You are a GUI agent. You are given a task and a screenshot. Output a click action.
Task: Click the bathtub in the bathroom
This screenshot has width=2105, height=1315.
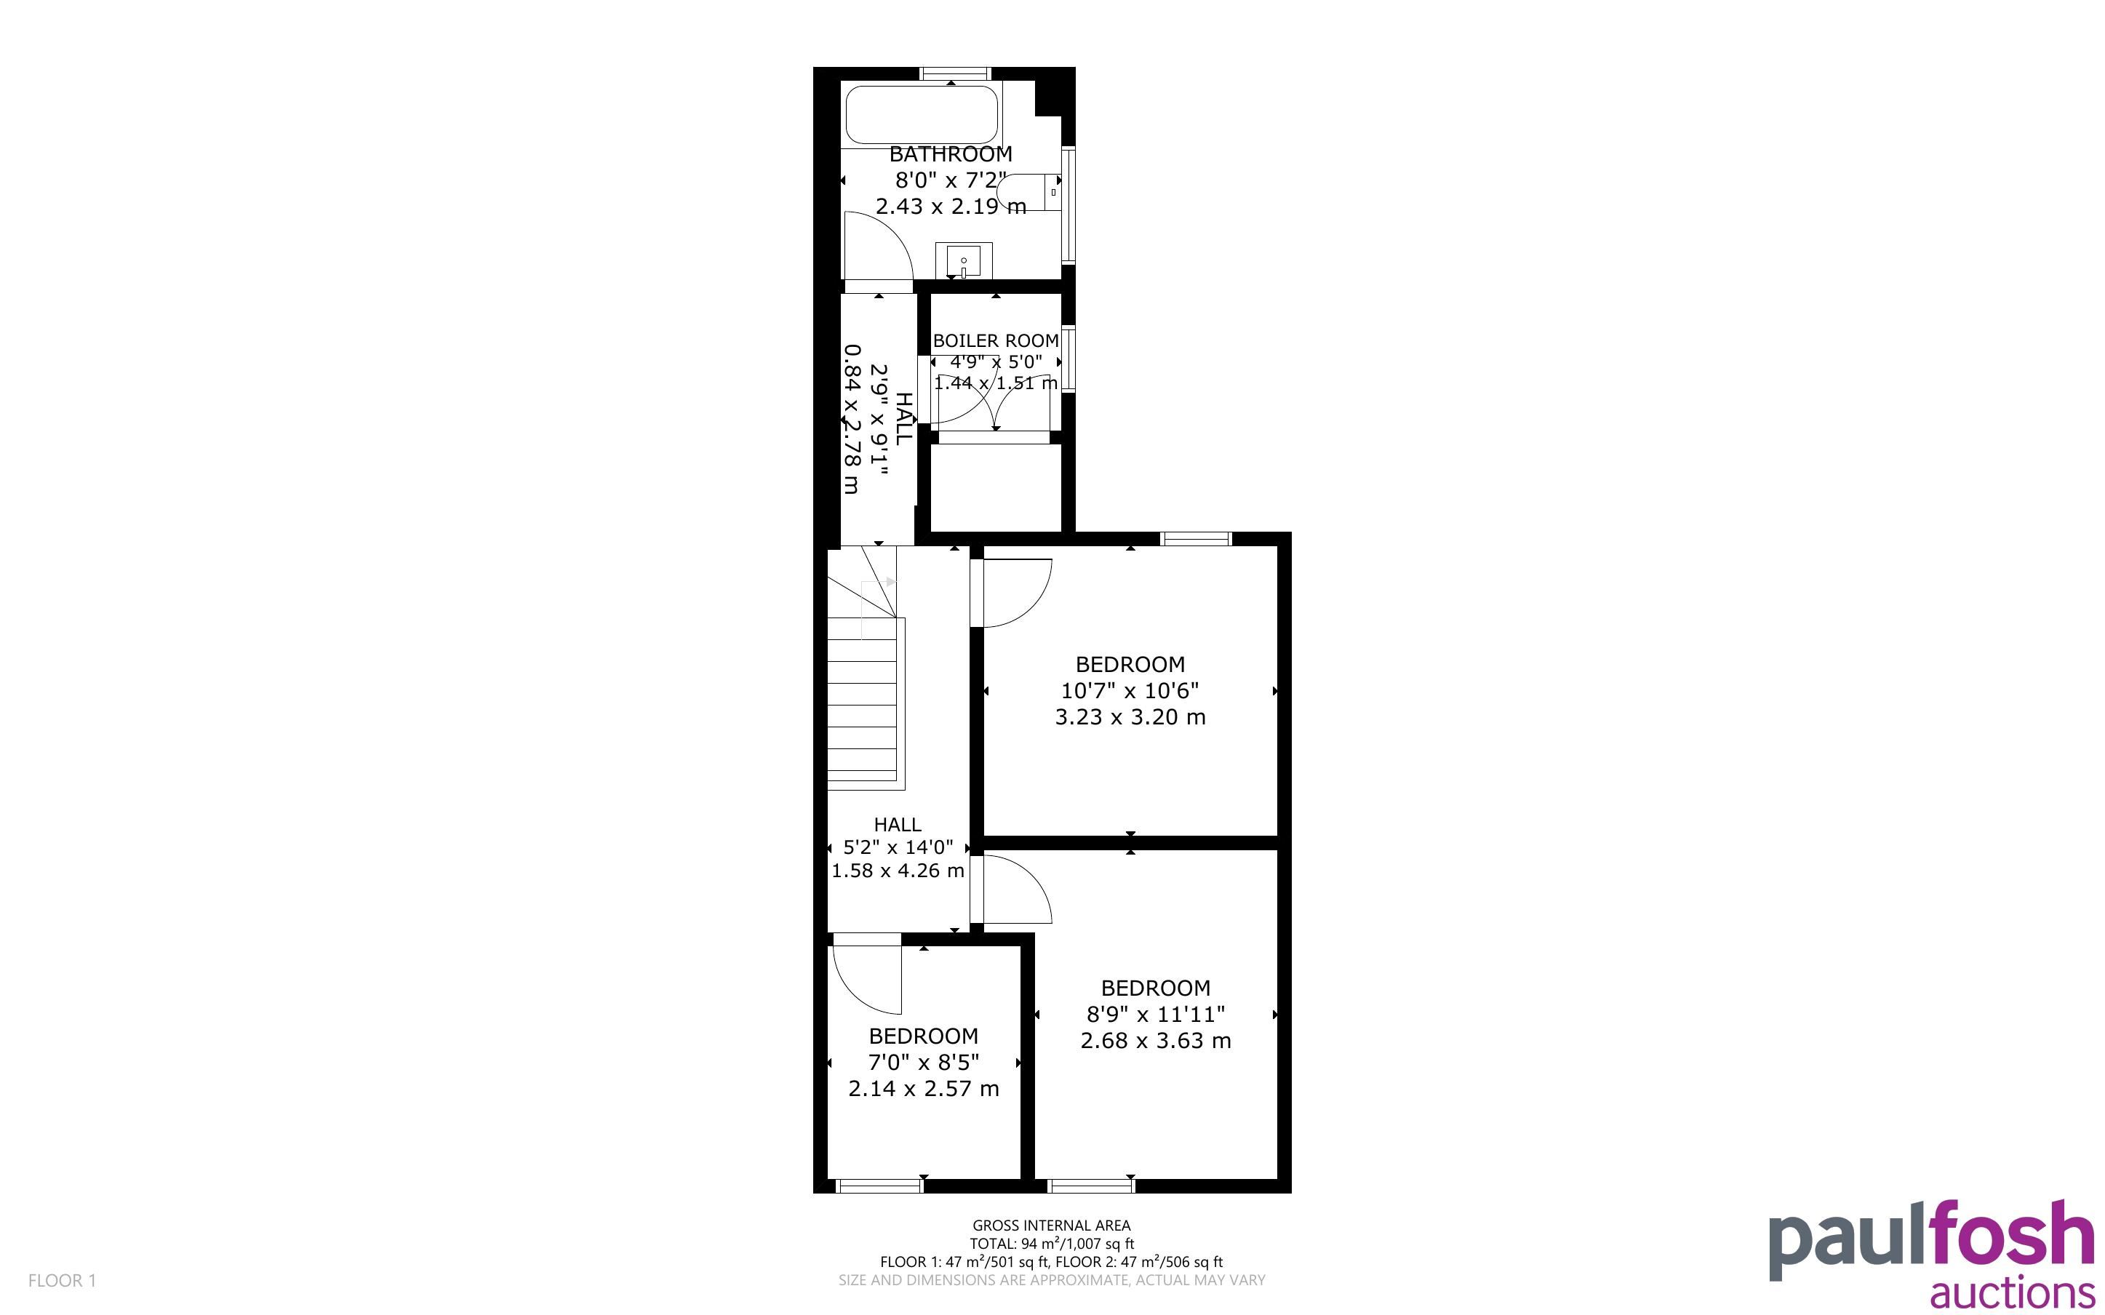tap(922, 115)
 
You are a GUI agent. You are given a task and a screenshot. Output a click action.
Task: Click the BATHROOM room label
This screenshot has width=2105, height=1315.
tap(951, 154)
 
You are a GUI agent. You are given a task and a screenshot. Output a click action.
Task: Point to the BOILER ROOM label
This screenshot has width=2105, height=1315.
tap(996, 341)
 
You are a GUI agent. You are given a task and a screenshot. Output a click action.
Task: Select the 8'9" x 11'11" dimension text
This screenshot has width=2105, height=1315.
tap(1156, 1014)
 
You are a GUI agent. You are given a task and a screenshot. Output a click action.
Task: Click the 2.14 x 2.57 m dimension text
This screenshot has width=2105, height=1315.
tap(923, 1089)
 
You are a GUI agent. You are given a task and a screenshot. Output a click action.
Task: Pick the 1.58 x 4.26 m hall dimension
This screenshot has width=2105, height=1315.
tap(898, 871)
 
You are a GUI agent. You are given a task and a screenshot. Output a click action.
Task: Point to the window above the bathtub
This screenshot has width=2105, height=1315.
tap(955, 74)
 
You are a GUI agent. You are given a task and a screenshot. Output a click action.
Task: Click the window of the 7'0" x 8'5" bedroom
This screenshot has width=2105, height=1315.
tap(879, 1186)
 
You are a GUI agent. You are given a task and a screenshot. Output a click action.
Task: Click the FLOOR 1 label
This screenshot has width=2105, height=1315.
tap(62, 1280)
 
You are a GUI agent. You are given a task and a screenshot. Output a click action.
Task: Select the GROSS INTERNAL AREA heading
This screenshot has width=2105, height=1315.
tap(1051, 1226)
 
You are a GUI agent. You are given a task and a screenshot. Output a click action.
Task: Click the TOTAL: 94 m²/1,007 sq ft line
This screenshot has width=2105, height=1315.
tap(1051, 1244)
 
